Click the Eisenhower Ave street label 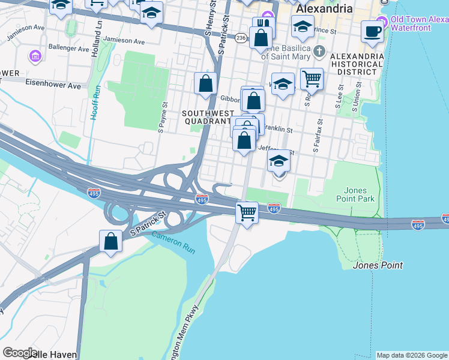click(53, 86)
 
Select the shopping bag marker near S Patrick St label click(111, 241)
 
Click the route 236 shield click(241, 37)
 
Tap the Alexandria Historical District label click(357, 64)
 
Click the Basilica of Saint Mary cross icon click(319, 50)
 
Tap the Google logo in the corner click(20, 353)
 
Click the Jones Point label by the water click(378, 265)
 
